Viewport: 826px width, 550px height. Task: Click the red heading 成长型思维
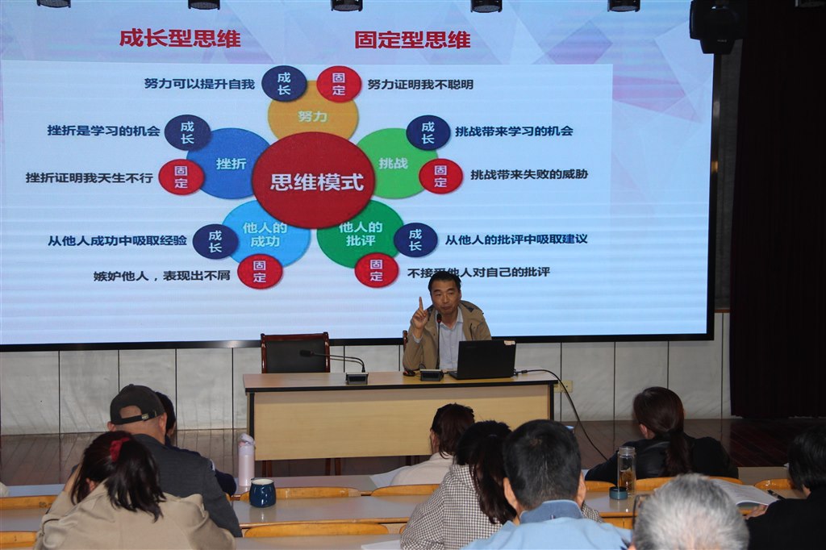tap(180, 39)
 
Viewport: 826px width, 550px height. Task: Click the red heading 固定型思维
tap(412, 40)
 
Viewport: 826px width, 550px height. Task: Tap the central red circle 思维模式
tap(316, 181)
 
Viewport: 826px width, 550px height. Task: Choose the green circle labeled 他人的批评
tap(358, 233)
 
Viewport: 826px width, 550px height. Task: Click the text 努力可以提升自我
tap(200, 84)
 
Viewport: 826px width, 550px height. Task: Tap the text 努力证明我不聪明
tap(420, 84)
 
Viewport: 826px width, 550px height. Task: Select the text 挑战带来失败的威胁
tap(529, 174)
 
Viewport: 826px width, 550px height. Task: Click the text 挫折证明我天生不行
tap(90, 177)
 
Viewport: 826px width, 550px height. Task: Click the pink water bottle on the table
tap(246, 460)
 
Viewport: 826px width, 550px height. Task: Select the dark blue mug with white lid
tap(262, 492)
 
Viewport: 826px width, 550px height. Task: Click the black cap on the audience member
tap(136, 403)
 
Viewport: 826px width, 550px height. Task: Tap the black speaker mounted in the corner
tap(717, 27)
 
